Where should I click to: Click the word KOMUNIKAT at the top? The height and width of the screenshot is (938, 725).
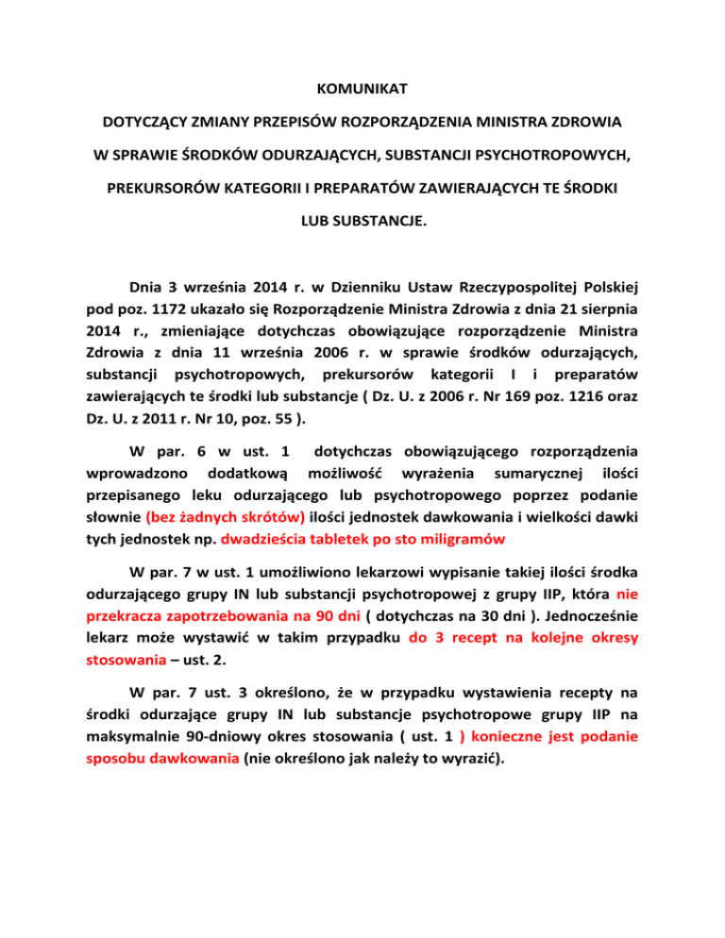(x=362, y=92)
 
